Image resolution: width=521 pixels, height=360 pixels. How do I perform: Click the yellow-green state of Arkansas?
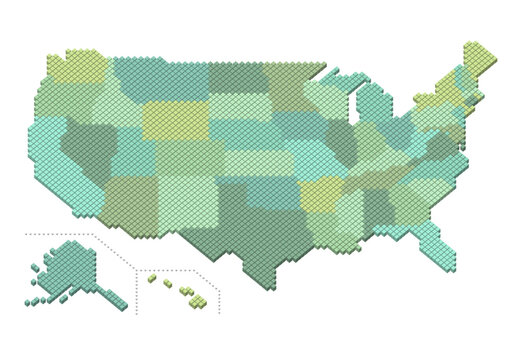click(321, 195)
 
